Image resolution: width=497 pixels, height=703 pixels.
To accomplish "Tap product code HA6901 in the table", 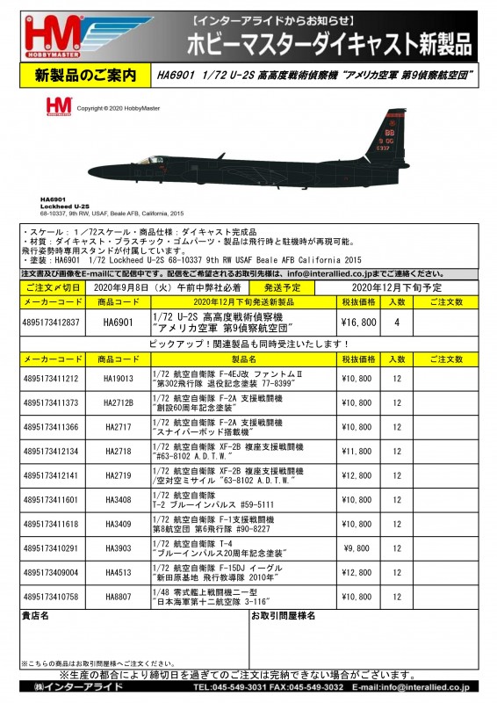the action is pos(119,323).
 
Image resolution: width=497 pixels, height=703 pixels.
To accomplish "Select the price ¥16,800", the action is pos(358,323).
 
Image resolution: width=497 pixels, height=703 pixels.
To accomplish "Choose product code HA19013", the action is pos(119,379).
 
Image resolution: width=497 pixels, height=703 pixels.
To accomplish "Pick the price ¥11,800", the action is pos(358,451).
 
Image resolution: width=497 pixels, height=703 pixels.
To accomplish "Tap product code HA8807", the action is pos(119,621).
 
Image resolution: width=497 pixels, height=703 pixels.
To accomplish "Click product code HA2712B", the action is pos(119,402).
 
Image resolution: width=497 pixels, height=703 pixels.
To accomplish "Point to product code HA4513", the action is pos(119,597).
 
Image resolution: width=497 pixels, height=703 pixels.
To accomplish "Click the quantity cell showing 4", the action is pos(398,323).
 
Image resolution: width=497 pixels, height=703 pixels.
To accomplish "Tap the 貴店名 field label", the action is pos(34,641).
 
